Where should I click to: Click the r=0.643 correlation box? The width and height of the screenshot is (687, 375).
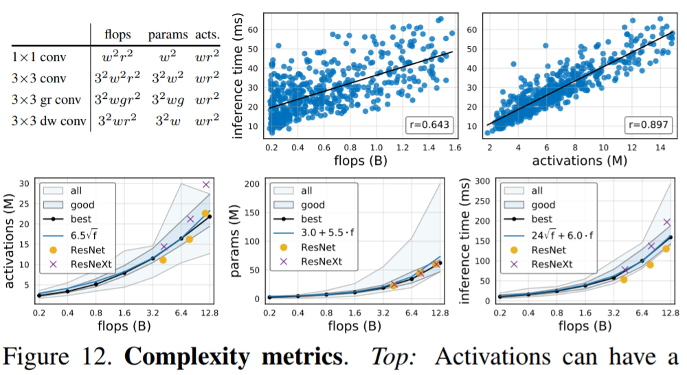tap(427, 125)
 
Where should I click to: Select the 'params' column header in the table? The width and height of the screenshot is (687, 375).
tap(166, 33)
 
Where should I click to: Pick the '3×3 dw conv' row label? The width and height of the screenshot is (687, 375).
tap(49, 121)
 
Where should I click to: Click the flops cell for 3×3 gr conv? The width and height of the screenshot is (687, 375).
tap(117, 99)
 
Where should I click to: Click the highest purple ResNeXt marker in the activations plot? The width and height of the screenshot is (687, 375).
tap(205, 185)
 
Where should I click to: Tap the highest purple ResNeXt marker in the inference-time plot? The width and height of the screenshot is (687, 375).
tap(666, 222)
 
